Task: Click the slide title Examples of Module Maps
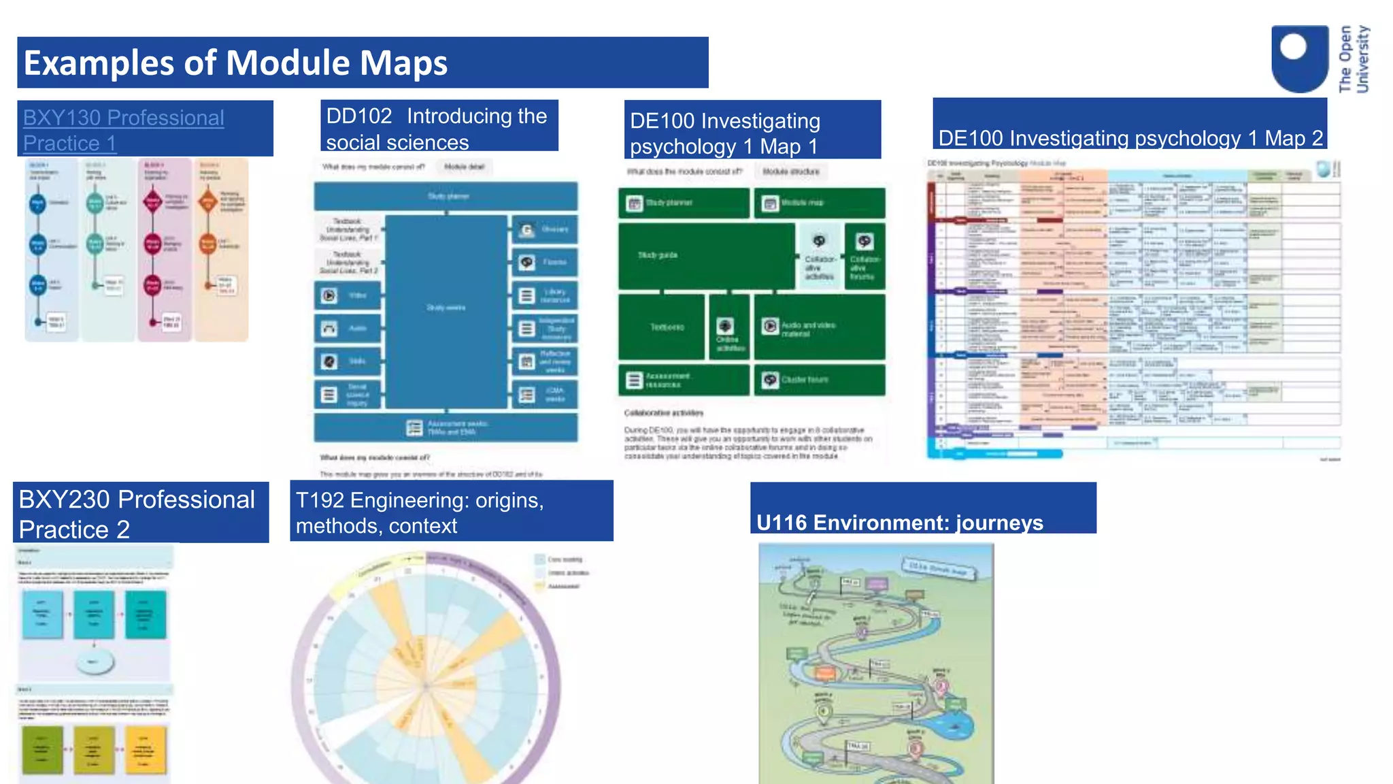(235, 63)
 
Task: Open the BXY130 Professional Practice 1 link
(123, 130)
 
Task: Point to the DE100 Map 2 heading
(1130, 138)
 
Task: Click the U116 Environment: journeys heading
(899, 522)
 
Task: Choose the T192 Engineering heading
(420, 512)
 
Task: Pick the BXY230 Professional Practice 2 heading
(137, 514)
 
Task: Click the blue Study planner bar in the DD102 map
(446, 196)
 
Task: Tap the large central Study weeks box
(446, 308)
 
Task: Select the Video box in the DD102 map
(348, 295)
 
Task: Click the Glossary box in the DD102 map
(544, 229)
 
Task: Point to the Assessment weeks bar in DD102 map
(446, 427)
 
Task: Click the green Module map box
(820, 203)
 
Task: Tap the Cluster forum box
(820, 380)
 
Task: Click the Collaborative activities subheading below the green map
(664, 412)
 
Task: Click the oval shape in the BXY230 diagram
(94, 661)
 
